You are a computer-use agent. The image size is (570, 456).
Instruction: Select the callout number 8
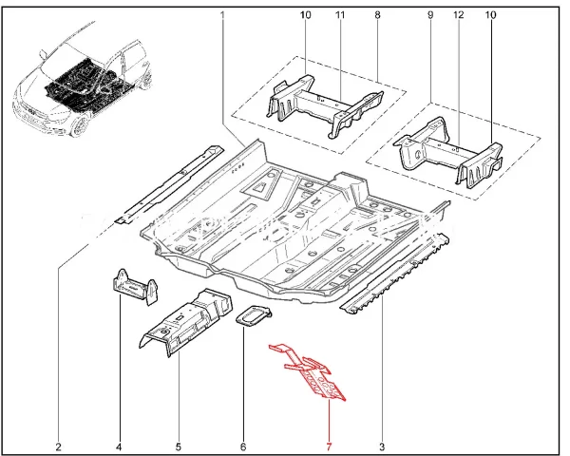pyautogui.click(x=377, y=16)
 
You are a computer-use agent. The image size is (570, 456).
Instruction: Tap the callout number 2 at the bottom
pyautogui.click(x=58, y=446)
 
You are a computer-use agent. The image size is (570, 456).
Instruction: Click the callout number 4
pyautogui.click(x=120, y=446)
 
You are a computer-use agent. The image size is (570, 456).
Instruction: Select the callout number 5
pyautogui.click(x=179, y=446)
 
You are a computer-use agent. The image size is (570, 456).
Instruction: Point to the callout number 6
pyautogui.click(x=243, y=446)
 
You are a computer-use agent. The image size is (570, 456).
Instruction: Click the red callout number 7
pyautogui.click(x=329, y=446)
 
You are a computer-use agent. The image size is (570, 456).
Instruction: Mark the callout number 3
pyautogui.click(x=383, y=446)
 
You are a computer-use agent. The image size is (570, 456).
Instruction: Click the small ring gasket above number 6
pyautogui.click(x=252, y=316)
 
